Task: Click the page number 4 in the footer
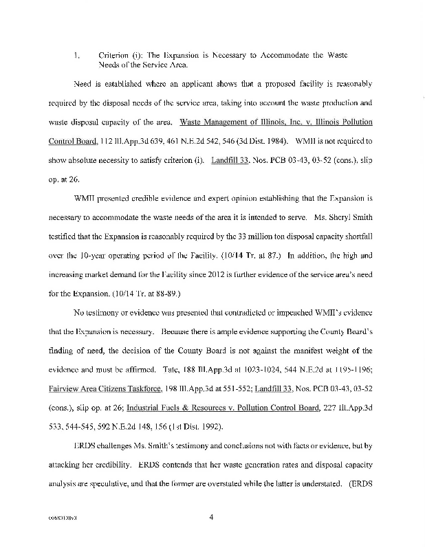point(212,509)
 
